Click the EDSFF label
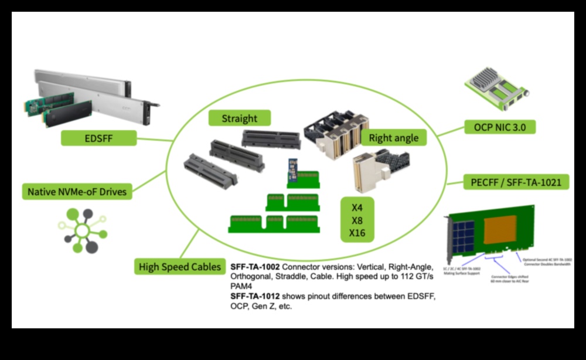(99, 139)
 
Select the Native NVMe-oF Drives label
(77, 191)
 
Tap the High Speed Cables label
(180, 267)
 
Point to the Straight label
(239, 118)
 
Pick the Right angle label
(394, 138)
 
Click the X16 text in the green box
(357, 233)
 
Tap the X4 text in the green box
(357, 208)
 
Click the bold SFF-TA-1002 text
(254, 266)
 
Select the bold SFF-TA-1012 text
(254, 296)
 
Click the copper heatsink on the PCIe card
(499, 229)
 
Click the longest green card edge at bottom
(274, 224)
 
